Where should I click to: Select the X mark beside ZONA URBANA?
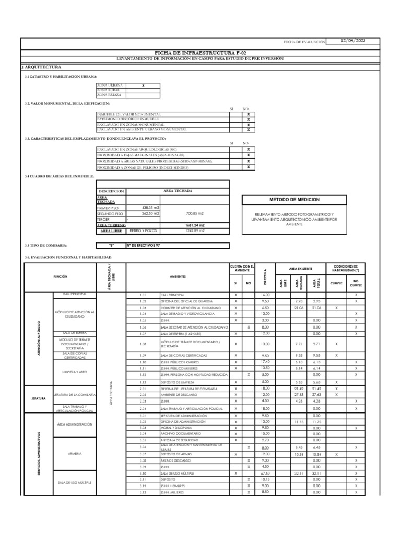(143, 84)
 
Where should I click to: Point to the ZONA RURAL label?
(108, 90)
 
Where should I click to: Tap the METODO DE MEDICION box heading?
(294, 200)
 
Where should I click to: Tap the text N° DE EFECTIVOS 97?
(143, 245)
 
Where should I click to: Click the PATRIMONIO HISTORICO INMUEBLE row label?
(128, 119)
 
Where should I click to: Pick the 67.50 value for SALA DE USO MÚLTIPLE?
(265, 472)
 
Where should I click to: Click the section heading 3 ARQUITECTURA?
(41, 68)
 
